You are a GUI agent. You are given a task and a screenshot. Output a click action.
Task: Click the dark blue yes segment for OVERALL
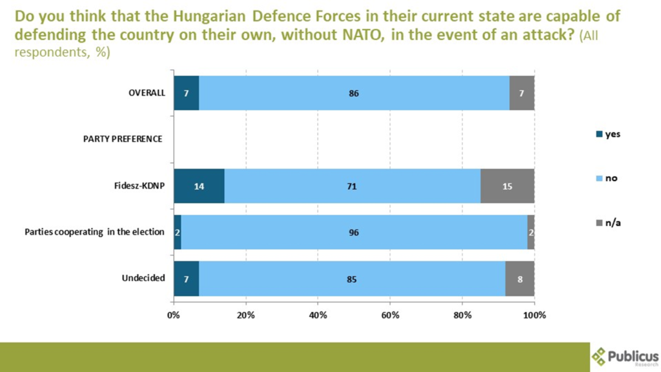[x=186, y=93]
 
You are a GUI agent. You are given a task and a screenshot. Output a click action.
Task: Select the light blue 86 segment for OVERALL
[x=354, y=93]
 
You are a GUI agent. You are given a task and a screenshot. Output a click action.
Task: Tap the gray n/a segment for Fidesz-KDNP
[x=507, y=186]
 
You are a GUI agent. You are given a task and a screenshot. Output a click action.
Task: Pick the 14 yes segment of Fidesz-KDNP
[x=199, y=186]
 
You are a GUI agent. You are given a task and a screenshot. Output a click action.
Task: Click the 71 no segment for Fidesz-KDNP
[x=352, y=186]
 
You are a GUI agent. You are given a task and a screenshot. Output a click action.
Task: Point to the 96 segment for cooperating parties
[x=354, y=232]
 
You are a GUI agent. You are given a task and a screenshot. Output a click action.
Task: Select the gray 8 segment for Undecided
[x=520, y=279]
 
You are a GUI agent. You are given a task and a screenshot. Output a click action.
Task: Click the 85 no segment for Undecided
[x=352, y=279]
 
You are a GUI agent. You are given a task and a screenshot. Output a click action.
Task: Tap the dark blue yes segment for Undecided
[x=186, y=279]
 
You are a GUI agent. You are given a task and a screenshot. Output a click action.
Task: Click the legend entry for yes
[x=607, y=134]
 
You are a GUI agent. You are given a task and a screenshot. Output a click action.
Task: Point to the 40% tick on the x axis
[x=318, y=315]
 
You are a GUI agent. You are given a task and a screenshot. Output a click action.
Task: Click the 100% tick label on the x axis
[x=534, y=315]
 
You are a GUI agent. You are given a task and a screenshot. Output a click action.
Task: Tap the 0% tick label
[x=174, y=315]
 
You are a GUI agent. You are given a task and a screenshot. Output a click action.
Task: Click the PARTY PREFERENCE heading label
[x=123, y=139]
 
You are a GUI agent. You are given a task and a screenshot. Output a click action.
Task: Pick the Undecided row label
[x=143, y=278]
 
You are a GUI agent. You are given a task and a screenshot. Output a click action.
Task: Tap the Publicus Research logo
[x=624, y=356]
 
